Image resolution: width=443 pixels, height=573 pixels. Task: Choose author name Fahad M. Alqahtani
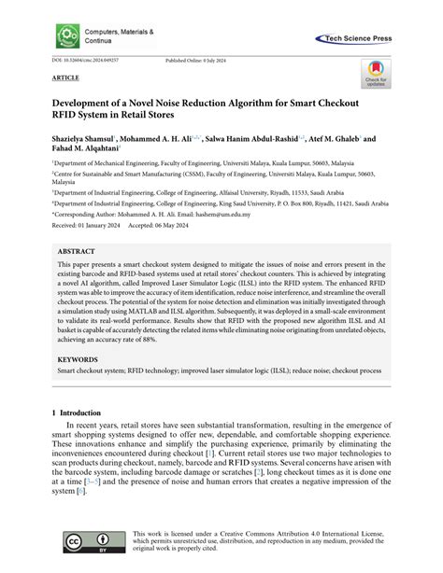(93, 150)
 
